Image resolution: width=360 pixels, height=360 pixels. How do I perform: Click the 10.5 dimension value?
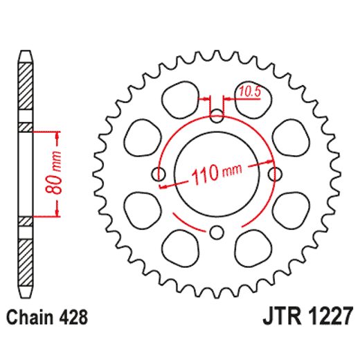(x=250, y=89)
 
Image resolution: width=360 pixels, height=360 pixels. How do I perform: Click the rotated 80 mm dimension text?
(x=58, y=172)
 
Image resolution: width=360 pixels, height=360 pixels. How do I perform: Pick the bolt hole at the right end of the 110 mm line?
(x=275, y=172)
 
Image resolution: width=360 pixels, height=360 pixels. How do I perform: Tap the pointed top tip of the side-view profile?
(x=26, y=53)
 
